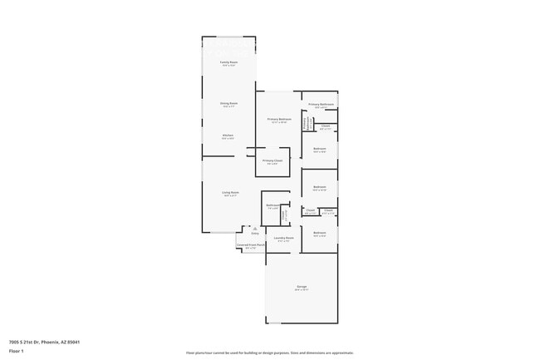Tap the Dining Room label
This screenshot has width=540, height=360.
point(228,103)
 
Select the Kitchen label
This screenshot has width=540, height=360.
point(228,135)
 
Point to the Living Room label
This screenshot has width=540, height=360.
point(230,193)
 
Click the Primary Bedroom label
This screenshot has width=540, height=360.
point(277,119)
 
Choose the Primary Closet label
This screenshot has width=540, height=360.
point(272,160)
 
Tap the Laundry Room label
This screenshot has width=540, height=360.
point(285,238)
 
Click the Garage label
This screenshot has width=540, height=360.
point(301,287)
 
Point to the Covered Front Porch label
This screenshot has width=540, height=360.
point(250,245)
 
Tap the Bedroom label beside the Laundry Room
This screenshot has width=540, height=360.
point(320,232)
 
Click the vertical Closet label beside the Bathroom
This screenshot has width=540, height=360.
point(285,215)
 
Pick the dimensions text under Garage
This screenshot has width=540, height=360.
point(301,290)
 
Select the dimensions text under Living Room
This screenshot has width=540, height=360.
point(230,196)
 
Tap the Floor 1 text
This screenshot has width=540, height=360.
point(17,351)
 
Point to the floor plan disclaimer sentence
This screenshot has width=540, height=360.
point(270,353)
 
